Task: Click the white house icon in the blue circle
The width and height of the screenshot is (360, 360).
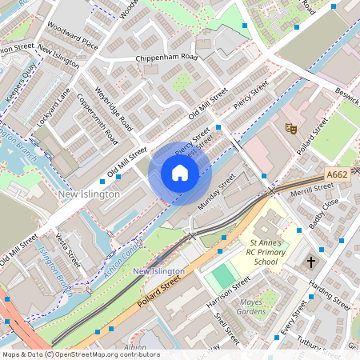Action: tap(180, 173)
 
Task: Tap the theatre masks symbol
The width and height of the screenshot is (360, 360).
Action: tap(291, 128)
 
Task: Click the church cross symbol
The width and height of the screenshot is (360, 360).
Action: tap(311, 262)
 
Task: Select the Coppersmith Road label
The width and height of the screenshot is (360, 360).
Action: tap(98, 120)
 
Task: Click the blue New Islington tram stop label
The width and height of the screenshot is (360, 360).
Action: tap(158, 272)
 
